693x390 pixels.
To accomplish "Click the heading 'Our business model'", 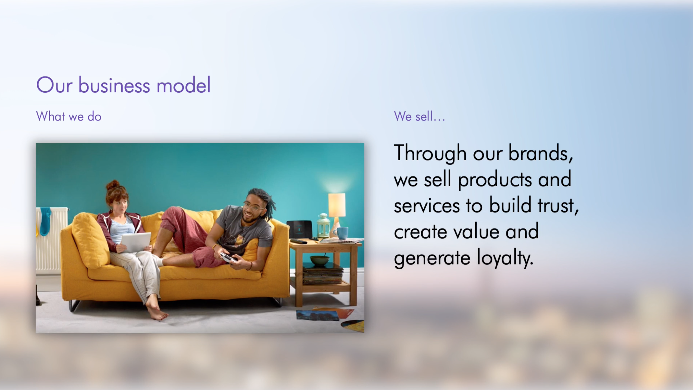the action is coord(123,85).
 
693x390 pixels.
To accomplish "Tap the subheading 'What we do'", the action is coord(69,116).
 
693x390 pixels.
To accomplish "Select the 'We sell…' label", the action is coord(419,116).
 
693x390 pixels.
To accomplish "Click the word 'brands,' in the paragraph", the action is coord(541,153).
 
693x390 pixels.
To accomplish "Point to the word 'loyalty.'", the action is coord(505,258).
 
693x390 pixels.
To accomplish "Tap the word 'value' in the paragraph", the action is coord(476,232).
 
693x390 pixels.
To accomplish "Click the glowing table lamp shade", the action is coord(336,205).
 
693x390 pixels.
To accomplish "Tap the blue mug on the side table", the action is coord(341,233).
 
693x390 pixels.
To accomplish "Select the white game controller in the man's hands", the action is coord(228,257).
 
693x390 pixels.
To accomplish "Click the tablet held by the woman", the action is coord(136,242).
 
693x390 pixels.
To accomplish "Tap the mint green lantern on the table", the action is coord(323,225).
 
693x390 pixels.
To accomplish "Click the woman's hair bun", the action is coord(113,185).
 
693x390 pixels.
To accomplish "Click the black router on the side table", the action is coord(299,229).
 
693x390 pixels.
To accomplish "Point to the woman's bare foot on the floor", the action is coord(157,311).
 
